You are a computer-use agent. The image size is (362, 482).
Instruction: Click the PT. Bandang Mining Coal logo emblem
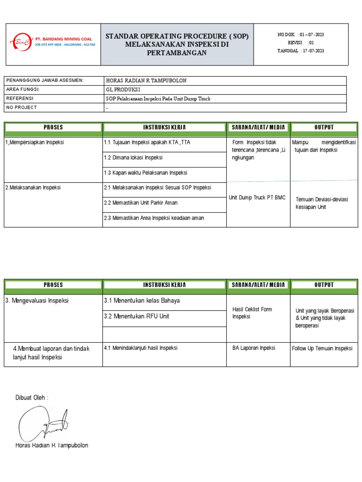[21, 42]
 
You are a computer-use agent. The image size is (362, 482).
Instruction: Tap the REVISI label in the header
[295, 43]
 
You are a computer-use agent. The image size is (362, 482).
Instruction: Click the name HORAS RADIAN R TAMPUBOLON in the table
[147, 80]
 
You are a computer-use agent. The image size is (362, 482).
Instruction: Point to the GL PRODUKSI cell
[123, 89]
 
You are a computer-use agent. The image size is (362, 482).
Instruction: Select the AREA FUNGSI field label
[23, 89]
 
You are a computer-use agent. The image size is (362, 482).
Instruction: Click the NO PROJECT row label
[22, 107]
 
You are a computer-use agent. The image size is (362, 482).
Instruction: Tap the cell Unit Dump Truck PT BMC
[257, 198]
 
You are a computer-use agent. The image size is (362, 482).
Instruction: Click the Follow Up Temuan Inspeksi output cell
[322, 348]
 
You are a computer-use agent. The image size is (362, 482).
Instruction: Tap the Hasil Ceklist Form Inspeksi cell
[253, 313]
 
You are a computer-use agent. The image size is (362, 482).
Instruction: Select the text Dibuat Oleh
[32, 398]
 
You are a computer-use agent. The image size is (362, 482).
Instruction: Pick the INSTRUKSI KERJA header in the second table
[164, 285]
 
